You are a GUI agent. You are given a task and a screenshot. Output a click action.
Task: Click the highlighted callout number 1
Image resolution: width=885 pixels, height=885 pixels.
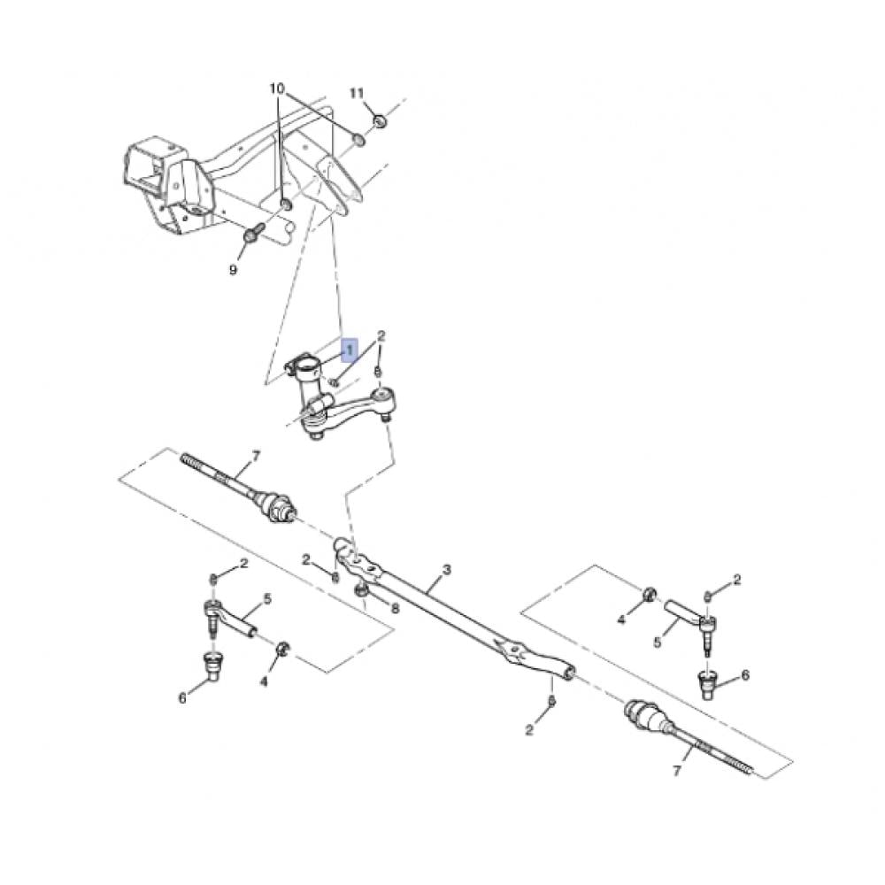point(350,350)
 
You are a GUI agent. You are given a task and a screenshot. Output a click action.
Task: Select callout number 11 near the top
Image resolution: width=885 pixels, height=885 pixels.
point(357,93)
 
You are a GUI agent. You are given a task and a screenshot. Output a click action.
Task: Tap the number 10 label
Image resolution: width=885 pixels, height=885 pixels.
point(277,88)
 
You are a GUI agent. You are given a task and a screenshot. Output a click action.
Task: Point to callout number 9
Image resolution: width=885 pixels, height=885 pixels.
point(233,270)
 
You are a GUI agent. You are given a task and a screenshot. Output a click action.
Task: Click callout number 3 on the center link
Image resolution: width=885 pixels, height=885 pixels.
point(447,569)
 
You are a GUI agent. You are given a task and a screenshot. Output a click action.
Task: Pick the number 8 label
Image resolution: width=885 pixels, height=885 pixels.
point(395,608)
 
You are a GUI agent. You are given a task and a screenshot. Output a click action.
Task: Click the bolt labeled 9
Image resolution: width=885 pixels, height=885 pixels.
point(252,233)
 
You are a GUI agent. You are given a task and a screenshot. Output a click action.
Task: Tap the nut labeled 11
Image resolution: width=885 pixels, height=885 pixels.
point(381,120)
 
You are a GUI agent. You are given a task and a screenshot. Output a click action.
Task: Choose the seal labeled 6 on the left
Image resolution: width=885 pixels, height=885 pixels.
point(212,666)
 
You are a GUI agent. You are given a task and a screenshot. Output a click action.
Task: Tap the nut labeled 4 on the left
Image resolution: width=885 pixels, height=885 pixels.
point(283,648)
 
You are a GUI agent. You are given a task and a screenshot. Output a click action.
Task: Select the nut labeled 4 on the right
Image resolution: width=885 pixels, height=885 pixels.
point(650,595)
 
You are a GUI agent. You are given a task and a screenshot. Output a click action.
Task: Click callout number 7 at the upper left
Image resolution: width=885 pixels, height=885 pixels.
point(256,456)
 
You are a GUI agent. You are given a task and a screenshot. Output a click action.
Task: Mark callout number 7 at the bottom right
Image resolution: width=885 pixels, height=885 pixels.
point(677,770)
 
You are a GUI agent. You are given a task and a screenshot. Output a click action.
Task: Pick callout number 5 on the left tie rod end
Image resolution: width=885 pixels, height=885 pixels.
point(267,598)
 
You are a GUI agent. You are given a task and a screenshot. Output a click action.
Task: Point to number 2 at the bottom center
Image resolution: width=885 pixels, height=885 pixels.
point(529,729)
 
